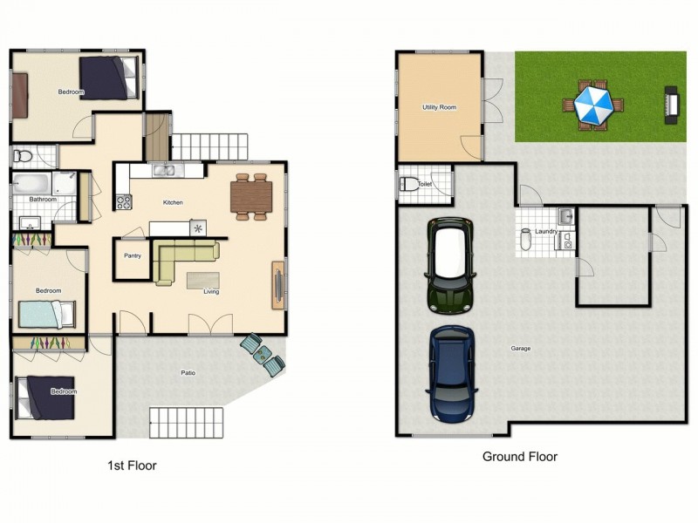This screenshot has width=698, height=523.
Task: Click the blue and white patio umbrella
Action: tap(593, 105)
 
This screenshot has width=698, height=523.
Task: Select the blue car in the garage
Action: tap(451, 372)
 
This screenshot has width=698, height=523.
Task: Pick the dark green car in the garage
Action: tap(450, 265)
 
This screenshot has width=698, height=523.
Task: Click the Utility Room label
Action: tap(439, 107)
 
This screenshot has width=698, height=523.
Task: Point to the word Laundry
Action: tap(546, 231)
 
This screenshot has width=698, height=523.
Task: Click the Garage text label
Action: tap(521, 349)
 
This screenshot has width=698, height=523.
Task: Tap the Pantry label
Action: tap(133, 255)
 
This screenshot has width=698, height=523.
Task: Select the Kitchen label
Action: tap(173, 202)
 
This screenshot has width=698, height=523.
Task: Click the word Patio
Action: tap(188, 373)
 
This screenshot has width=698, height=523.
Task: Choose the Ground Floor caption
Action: tap(519, 456)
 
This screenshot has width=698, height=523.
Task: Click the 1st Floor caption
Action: tap(131, 465)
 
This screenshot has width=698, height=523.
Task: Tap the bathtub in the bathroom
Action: tap(32, 184)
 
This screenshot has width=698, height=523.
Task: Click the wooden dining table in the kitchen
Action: tap(251, 197)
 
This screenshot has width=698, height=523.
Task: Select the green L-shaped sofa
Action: tap(179, 259)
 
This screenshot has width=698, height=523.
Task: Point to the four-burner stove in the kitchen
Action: tap(123, 202)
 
